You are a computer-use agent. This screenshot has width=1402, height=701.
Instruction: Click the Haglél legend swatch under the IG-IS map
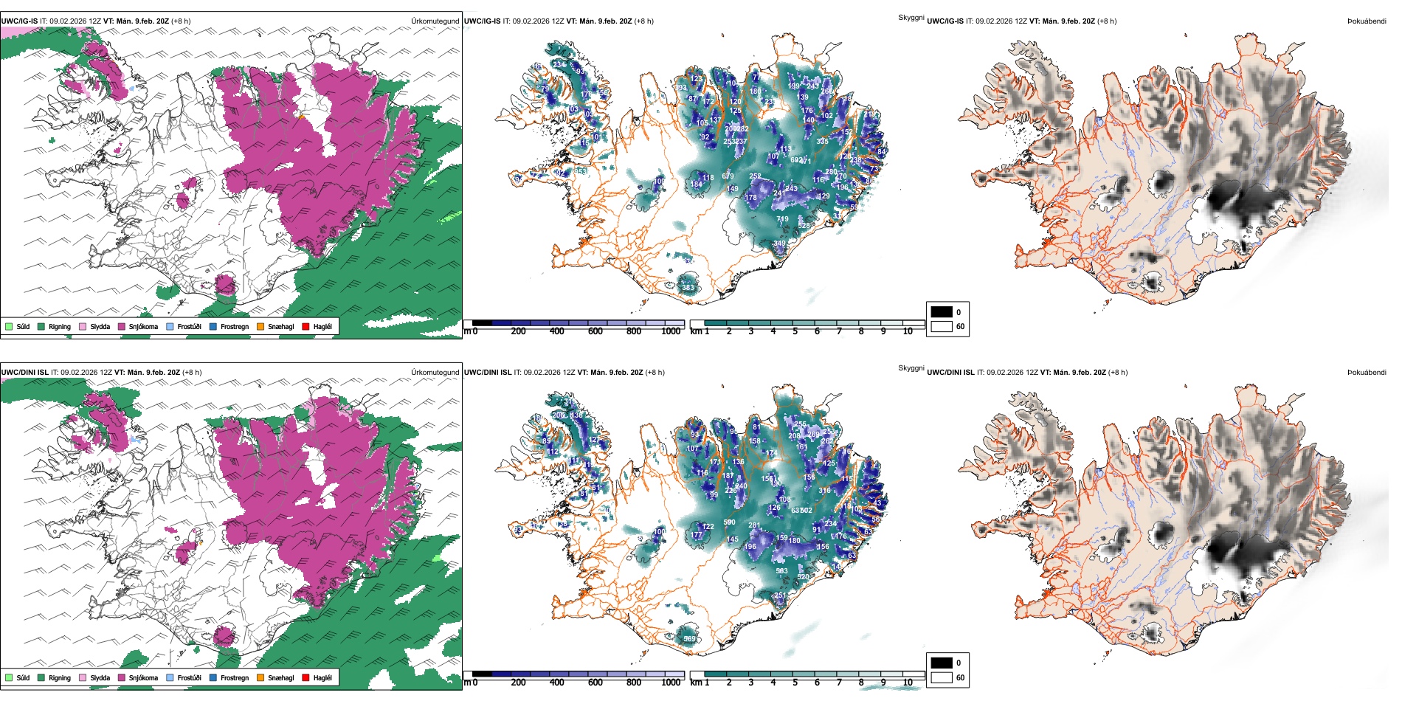(305, 326)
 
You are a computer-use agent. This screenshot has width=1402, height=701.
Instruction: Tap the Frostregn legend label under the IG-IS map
(234, 326)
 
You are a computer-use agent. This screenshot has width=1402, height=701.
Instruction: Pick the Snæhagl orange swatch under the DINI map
(260, 677)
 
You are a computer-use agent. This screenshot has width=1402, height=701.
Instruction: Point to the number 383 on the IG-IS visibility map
(688, 288)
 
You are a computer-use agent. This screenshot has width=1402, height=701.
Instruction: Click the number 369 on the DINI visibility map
(689, 639)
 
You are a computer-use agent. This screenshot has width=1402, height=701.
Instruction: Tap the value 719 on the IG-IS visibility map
(782, 219)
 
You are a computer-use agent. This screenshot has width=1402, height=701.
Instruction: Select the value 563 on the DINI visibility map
(781, 570)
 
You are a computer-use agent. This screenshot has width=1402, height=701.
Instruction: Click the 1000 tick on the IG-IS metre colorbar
(671, 331)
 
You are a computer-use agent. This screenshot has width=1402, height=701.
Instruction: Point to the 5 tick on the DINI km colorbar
(795, 683)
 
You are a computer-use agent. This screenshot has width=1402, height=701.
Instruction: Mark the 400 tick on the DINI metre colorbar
(556, 683)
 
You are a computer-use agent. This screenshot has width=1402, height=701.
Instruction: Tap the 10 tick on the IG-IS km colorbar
(908, 331)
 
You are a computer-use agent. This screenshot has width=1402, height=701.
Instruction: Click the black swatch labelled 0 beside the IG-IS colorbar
(942, 312)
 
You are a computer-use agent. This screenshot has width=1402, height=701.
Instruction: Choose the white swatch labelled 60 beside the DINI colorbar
(942, 677)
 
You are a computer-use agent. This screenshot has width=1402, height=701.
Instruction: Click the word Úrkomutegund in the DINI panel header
(435, 372)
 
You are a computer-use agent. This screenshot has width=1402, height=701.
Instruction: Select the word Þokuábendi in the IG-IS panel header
(1367, 21)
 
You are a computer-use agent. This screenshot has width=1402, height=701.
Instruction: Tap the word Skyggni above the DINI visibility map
(911, 367)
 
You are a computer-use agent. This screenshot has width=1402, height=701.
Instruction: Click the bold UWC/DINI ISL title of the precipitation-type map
(24, 372)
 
